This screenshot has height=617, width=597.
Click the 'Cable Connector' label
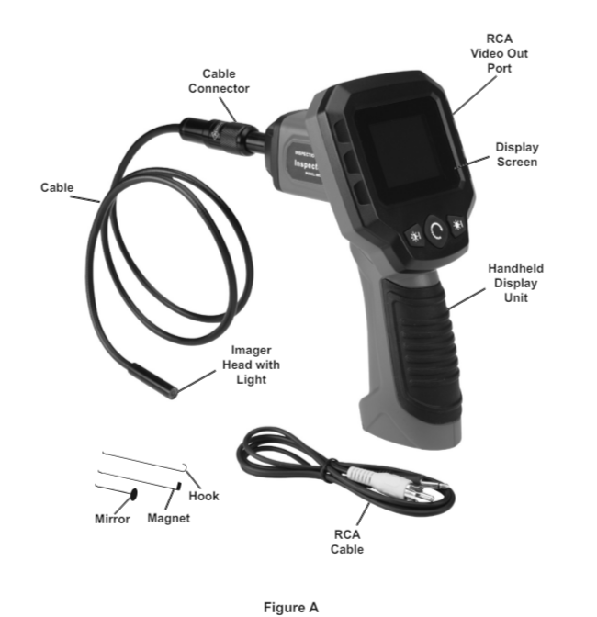[219, 81]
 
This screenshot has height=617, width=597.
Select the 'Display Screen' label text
[516, 154]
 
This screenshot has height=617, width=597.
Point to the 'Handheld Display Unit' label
[515, 283]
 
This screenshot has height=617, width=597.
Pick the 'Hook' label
[204, 496]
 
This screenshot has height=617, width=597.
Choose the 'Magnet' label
[168, 519]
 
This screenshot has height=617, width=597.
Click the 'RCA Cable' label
[347, 542]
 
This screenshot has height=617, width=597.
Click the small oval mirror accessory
[134, 494]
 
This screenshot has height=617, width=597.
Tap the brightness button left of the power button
[414, 235]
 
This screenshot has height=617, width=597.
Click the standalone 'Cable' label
[57, 187]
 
